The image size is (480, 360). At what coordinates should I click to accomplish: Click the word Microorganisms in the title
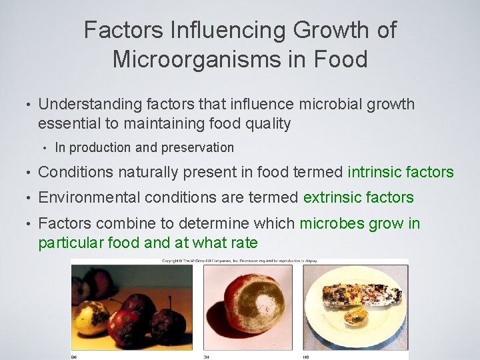199,59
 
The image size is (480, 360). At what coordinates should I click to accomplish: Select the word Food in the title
340,59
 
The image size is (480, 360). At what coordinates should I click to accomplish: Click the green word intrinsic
378,172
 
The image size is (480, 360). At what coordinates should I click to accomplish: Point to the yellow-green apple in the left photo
92,319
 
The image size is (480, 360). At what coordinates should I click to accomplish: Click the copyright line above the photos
239,261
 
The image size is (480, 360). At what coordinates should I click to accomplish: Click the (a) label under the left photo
75,357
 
